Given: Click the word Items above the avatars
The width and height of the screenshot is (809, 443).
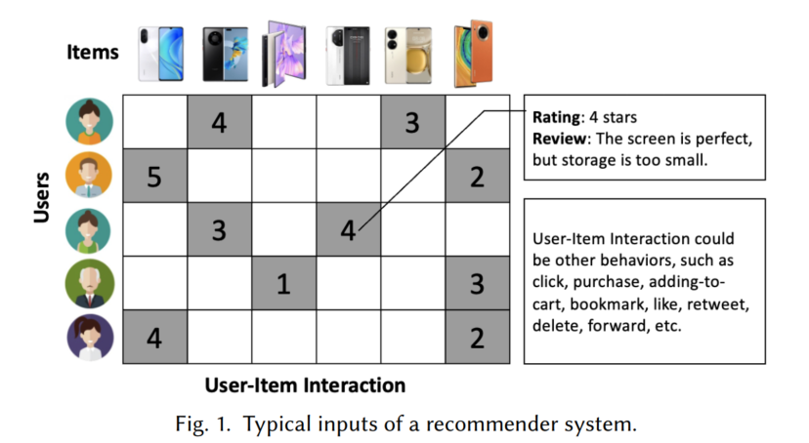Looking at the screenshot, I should coord(93,51).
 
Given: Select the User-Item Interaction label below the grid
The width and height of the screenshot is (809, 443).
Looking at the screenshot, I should coord(305,385).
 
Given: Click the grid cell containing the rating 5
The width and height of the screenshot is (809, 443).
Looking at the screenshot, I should coord(154,177).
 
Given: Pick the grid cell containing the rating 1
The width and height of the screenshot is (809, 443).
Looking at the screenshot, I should coord(283,284).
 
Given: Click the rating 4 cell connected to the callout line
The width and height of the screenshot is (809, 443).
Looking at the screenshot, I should coord(348,230).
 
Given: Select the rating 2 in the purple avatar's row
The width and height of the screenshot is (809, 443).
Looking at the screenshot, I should coord(477,338).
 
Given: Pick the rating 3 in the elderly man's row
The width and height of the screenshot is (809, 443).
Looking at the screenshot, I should coord(477,284).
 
